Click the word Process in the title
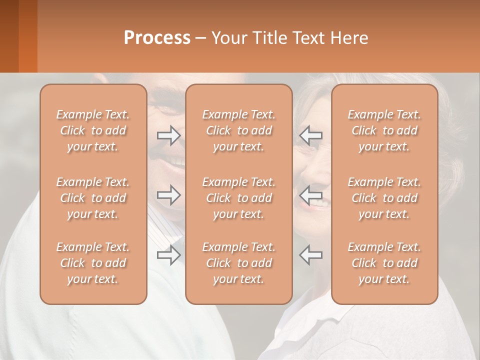pyautogui.click(x=157, y=38)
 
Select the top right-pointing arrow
pyautogui.click(x=168, y=135)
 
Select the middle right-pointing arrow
pyautogui.click(x=168, y=195)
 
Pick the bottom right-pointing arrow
pyautogui.click(x=168, y=255)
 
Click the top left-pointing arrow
pyautogui.click(x=311, y=135)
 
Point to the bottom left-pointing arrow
pyautogui.click(x=311, y=255)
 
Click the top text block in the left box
pyautogui.click(x=93, y=130)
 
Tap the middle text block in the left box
pyautogui.click(x=93, y=198)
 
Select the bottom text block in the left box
pyautogui.click(x=93, y=263)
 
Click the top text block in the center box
pyautogui.click(x=239, y=130)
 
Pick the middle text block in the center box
pyautogui.click(x=239, y=198)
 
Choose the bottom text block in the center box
pyautogui.click(x=239, y=263)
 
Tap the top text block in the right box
pyautogui.click(x=384, y=130)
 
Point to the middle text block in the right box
pyautogui.click(x=384, y=198)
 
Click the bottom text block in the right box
pyautogui.click(x=384, y=263)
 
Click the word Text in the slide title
pyautogui.click(x=308, y=38)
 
